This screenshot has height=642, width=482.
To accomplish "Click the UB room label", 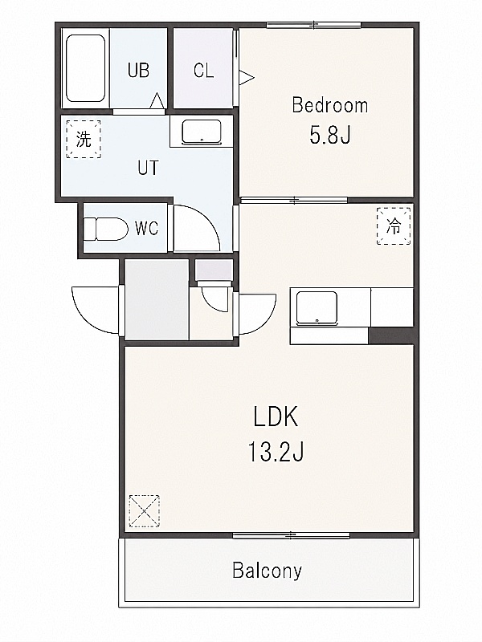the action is [138, 71].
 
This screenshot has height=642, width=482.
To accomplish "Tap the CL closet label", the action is [204, 71].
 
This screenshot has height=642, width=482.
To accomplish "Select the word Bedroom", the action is [330, 105].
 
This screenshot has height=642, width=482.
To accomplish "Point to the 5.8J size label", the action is [330, 135].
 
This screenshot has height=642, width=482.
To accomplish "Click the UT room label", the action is [148, 168].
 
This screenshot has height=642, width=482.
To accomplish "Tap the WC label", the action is [147, 228].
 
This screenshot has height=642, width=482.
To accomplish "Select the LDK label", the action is [276, 416].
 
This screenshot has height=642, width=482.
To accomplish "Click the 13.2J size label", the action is [276, 452].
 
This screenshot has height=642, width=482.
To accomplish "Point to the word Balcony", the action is [268, 571].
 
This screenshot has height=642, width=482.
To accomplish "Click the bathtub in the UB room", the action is [86, 68].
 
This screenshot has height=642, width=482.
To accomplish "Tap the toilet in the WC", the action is [106, 229].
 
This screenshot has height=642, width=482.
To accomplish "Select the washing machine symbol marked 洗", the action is [84, 139].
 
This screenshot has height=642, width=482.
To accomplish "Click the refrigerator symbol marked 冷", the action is [394, 226].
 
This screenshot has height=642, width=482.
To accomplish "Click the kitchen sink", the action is [317, 307].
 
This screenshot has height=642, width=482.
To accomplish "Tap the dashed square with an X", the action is [144, 511].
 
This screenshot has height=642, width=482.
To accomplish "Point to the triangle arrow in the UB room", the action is [157, 101].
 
